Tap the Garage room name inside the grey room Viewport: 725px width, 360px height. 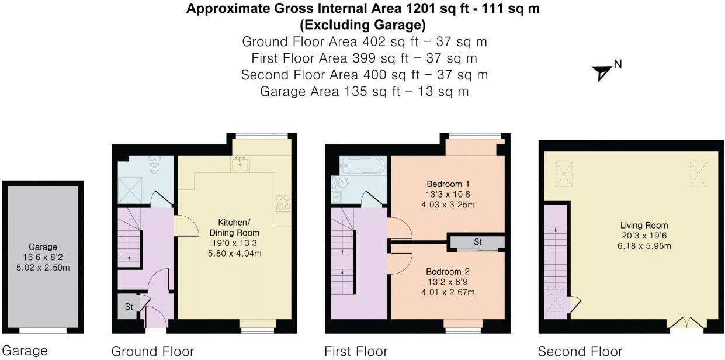[43, 247]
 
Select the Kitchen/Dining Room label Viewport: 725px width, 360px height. [234, 227]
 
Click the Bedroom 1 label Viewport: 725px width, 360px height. [448, 184]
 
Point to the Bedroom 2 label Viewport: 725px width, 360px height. [448, 271]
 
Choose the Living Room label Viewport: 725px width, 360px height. [644, 226]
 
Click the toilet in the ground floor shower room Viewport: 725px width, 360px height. [155, 165]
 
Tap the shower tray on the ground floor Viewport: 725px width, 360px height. [130, 191]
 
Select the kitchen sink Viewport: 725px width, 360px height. [240, 164]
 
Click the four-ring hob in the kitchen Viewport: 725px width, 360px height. [283, 202]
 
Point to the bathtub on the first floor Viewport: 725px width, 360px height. [363, 166]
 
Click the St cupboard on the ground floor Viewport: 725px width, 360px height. [129, 306]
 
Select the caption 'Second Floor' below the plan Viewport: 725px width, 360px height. [580, 351]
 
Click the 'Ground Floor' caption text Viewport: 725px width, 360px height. [152, 351]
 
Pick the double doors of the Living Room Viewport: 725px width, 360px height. [686, 323]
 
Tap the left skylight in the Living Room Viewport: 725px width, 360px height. [564, 174]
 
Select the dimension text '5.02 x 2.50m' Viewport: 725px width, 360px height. [43, 268]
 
